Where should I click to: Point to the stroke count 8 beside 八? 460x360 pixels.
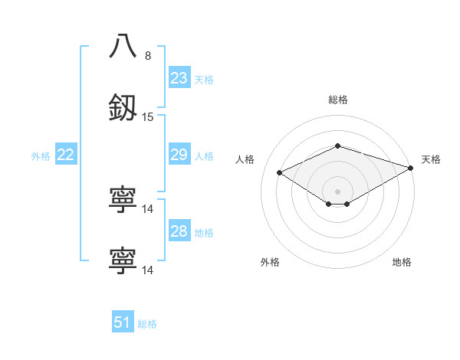[x=148, y=55]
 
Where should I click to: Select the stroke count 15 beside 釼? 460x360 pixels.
[x=148, y=117]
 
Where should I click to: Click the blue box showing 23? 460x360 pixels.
[x=179, y=78]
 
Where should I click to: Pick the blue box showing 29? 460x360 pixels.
[x=179, y=155]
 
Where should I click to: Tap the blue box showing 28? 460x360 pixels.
[x=179, y=231]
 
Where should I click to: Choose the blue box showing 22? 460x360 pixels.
[x=66, y=155]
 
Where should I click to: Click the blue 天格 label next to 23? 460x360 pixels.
[x=204, y=79]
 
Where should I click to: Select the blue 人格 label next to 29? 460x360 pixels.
[x=204, y=156]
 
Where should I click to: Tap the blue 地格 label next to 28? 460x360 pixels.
[x=204, y=232]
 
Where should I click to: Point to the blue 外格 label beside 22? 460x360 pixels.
[x=41, y=156]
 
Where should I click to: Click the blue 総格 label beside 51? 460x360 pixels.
[x=147, y=323]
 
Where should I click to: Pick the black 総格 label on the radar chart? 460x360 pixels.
[x=337, y=100]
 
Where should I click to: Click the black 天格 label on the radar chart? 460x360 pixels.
[x=431, y=159]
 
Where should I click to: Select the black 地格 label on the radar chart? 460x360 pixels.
[x=402, y=262]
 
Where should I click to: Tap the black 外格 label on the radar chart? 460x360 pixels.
[x=270, y=262]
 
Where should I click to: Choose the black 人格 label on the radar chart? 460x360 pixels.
[x=245, y=159]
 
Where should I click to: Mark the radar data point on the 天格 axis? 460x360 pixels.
[x=412, y=168]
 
